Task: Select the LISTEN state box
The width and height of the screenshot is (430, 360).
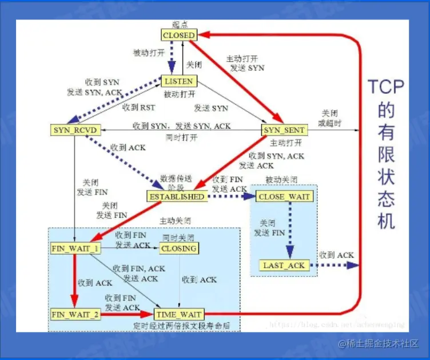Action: point(179,81)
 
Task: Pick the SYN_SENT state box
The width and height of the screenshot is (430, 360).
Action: point(284,130)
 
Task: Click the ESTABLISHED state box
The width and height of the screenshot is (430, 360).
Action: point(177,196)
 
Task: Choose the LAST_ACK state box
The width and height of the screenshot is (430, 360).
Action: point(284,266)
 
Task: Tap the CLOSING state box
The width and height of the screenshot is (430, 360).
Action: point(179,248)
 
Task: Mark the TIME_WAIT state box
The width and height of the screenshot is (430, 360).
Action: point(178,314)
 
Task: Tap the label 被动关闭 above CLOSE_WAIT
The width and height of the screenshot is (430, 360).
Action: point(281,180)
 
